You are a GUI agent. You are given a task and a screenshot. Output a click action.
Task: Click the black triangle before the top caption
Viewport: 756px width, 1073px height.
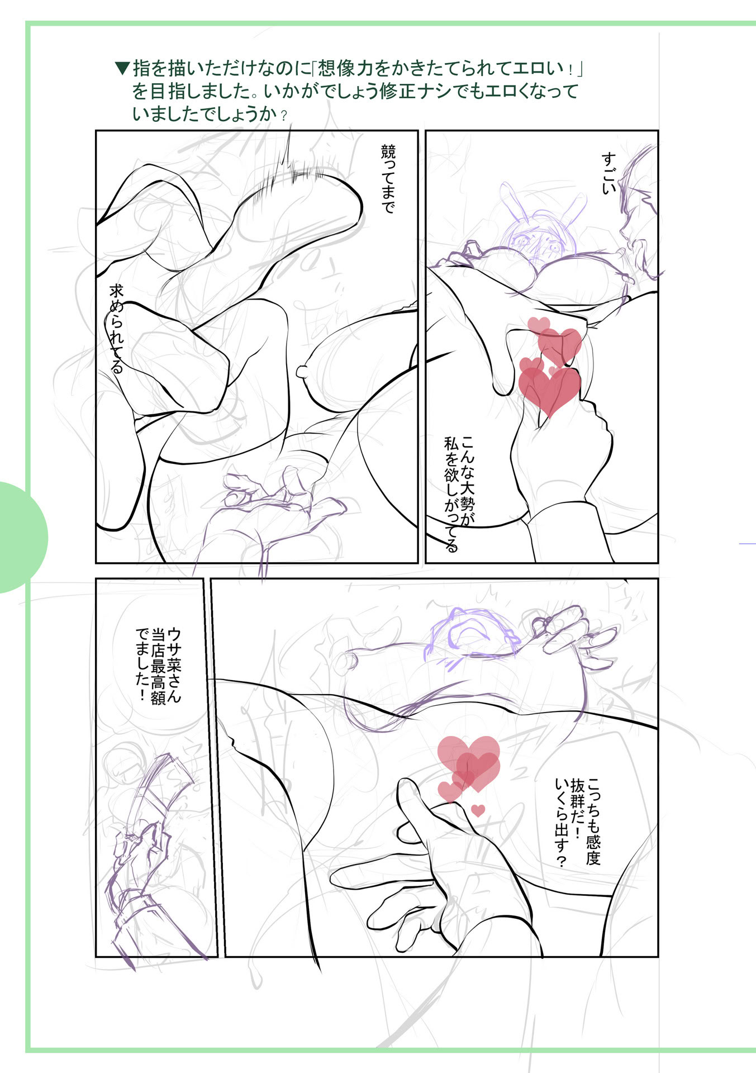click(x=122, y=69)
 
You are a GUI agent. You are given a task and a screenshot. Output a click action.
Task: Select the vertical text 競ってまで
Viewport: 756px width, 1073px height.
click(x=388, y=179)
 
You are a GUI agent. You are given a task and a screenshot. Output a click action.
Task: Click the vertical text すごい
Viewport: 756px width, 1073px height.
click(x=608, y=173)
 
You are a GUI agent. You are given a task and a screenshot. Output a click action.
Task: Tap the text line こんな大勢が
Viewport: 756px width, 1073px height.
click(x=467, y=481)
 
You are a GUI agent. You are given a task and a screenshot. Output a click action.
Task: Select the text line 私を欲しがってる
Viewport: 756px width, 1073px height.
click(x=451, y=495)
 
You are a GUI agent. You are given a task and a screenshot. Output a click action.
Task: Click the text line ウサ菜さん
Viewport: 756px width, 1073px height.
click(x=174, y=666)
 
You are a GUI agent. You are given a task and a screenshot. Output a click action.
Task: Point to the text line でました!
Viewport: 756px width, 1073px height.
click(x=142, y=665)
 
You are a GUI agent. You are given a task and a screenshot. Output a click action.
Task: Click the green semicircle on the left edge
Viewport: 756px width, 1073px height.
click(x=20, y=537)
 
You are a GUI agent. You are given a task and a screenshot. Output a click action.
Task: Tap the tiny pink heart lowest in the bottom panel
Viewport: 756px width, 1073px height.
click(x=478, y=810)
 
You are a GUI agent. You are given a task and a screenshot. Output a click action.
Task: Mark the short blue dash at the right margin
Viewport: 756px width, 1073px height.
click(x=747, y=543)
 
